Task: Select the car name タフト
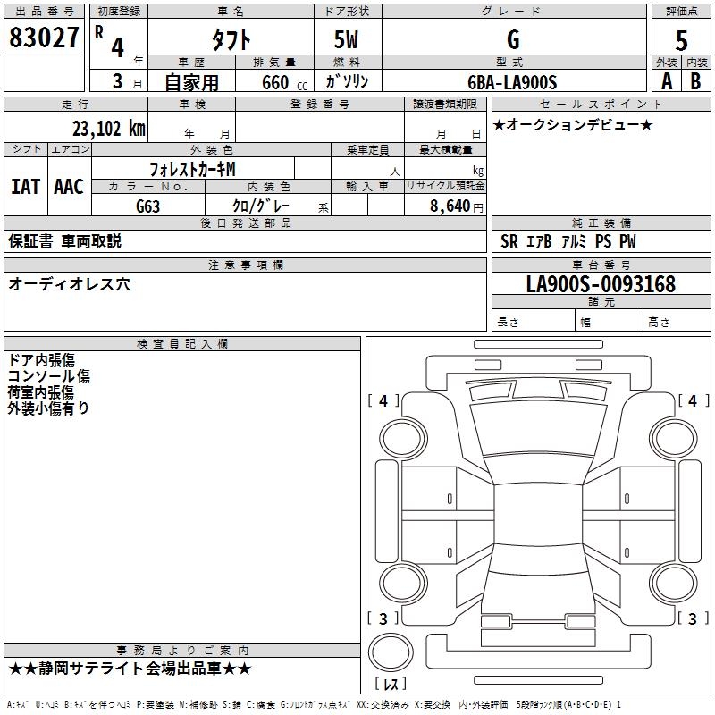230,39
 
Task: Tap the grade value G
513,39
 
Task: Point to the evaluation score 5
682,40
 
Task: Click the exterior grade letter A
666,80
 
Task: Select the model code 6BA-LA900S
512,82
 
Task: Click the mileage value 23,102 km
109,128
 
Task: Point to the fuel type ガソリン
347,81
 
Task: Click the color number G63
148,206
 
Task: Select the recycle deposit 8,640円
457,206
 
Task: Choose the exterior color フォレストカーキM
192,168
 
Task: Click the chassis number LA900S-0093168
601,285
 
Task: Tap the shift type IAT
25,186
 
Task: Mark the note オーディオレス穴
69,284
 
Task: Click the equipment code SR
509,241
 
